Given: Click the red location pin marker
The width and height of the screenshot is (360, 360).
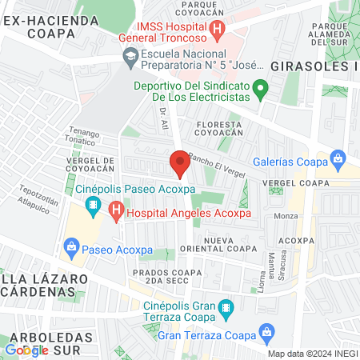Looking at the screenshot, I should [180, 163].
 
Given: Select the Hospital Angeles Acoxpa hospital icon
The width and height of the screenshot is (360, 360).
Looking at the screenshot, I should [117, 213].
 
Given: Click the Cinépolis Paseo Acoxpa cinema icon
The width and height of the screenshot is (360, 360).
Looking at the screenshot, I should [94, 207].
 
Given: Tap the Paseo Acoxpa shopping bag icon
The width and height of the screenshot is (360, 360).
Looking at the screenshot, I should [71, 246].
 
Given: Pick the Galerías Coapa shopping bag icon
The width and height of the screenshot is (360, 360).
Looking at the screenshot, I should [338, 160].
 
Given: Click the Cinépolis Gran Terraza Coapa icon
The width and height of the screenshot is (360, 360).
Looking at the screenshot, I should [226, 306].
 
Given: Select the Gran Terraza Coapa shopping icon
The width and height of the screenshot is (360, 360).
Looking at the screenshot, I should [269, 330].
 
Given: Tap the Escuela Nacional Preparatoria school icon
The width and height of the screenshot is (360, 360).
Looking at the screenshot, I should [128, 55].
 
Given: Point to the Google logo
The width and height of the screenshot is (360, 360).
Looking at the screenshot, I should [27, 350].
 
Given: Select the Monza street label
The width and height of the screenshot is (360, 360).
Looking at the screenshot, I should [286, 216].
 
